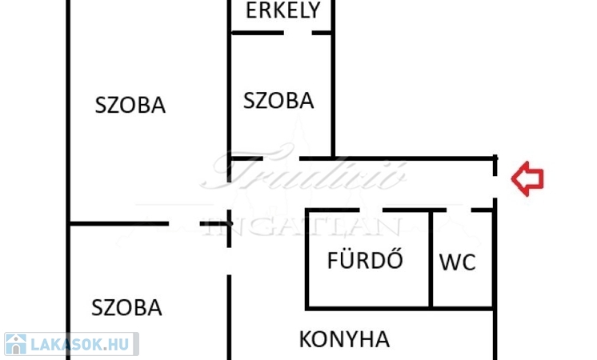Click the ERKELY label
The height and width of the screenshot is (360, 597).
click(x=283, y=10)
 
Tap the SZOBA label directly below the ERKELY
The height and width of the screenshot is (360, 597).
click(x=278, y=102)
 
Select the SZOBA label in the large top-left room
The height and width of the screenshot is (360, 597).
click(x=130, y=105)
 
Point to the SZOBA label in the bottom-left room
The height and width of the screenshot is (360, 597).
click(x=127, y=308)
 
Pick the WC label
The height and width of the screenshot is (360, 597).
click(x=458, y=262)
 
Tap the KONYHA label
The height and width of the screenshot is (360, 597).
click(x=344, y=339)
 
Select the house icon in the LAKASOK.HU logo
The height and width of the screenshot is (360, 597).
click(x=15, y=345)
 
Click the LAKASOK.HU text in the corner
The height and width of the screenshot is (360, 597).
click(x=79, y=345)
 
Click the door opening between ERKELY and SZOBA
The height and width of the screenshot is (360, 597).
click(x=297, y=33)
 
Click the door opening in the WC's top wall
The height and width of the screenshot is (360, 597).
click(x=458, y=210)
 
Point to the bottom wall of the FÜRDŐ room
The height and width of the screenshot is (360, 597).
click(x=368, y=307)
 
